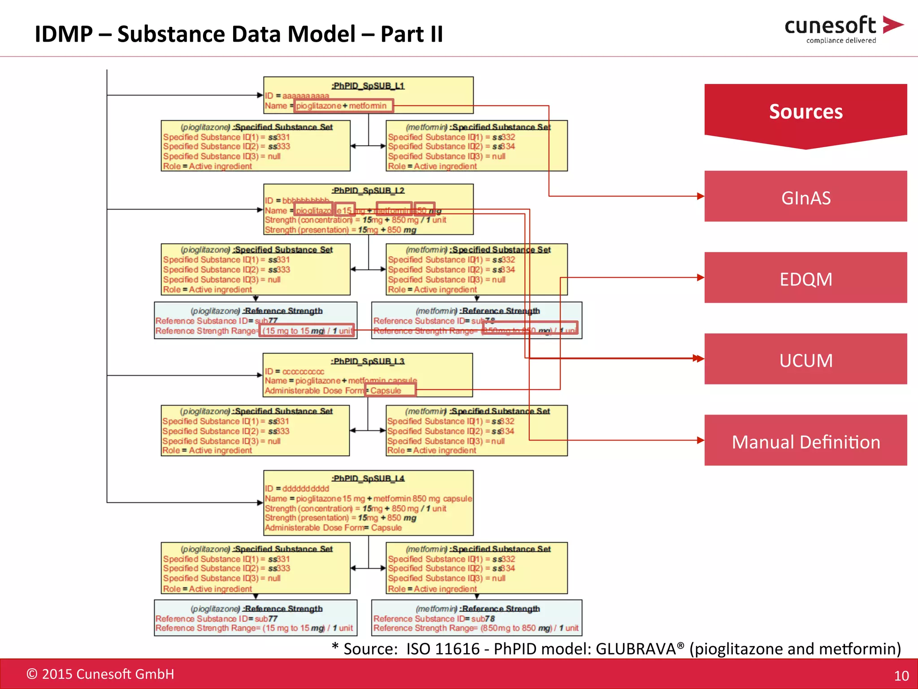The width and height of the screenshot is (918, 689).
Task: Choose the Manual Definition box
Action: [x=805, y=440]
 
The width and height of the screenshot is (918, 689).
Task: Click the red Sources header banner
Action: [x=805, y=112]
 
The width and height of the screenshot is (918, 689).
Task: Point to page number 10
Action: [x=901, y=676]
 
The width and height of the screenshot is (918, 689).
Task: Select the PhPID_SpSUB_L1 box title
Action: [x=368, y=85]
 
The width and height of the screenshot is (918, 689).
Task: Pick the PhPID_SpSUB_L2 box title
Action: [x=368, y=191]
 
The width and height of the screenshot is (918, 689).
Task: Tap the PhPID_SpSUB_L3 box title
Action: [x=368, y=361]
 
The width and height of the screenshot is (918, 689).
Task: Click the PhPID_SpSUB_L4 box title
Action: [x=368, y=478]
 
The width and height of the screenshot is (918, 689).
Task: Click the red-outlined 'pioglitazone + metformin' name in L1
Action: [x=343, y=106]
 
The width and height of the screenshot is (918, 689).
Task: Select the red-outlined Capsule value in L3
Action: [x=390, y=390]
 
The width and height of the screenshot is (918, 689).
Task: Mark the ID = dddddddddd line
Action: [x=297, y=488]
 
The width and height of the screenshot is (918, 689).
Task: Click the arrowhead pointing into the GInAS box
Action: [x=701, y=196]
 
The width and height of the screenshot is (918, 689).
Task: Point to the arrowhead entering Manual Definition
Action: [x=701, y=440]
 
